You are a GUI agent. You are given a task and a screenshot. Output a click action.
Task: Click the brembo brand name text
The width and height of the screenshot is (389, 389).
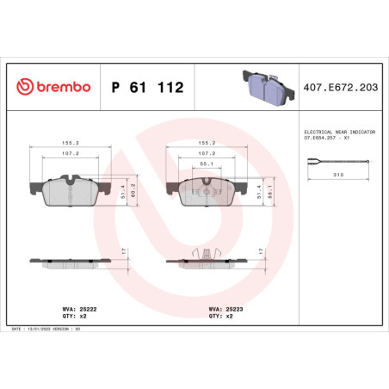(60, 88)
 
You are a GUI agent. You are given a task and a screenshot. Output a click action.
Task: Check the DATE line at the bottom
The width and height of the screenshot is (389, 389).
(52, 329)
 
